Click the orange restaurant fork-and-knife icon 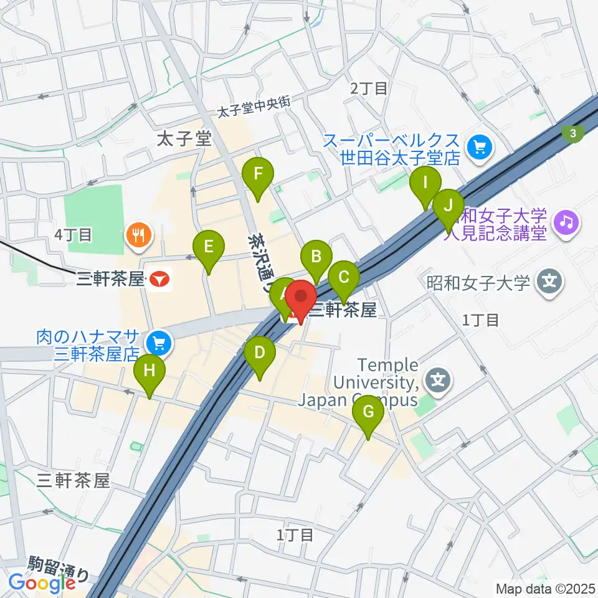[x=137, y=235]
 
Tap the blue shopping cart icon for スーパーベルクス [x=481, y=148]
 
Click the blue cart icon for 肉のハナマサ [x=156, y=342]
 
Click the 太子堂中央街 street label [x=254, y=108]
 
